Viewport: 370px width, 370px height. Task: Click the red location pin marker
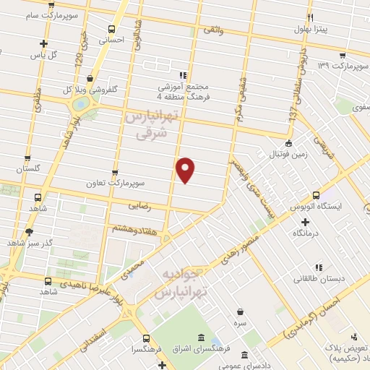(186, 170)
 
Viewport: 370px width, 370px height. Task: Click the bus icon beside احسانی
(111, 30)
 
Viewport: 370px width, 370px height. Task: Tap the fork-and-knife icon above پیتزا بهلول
(309, 17)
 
